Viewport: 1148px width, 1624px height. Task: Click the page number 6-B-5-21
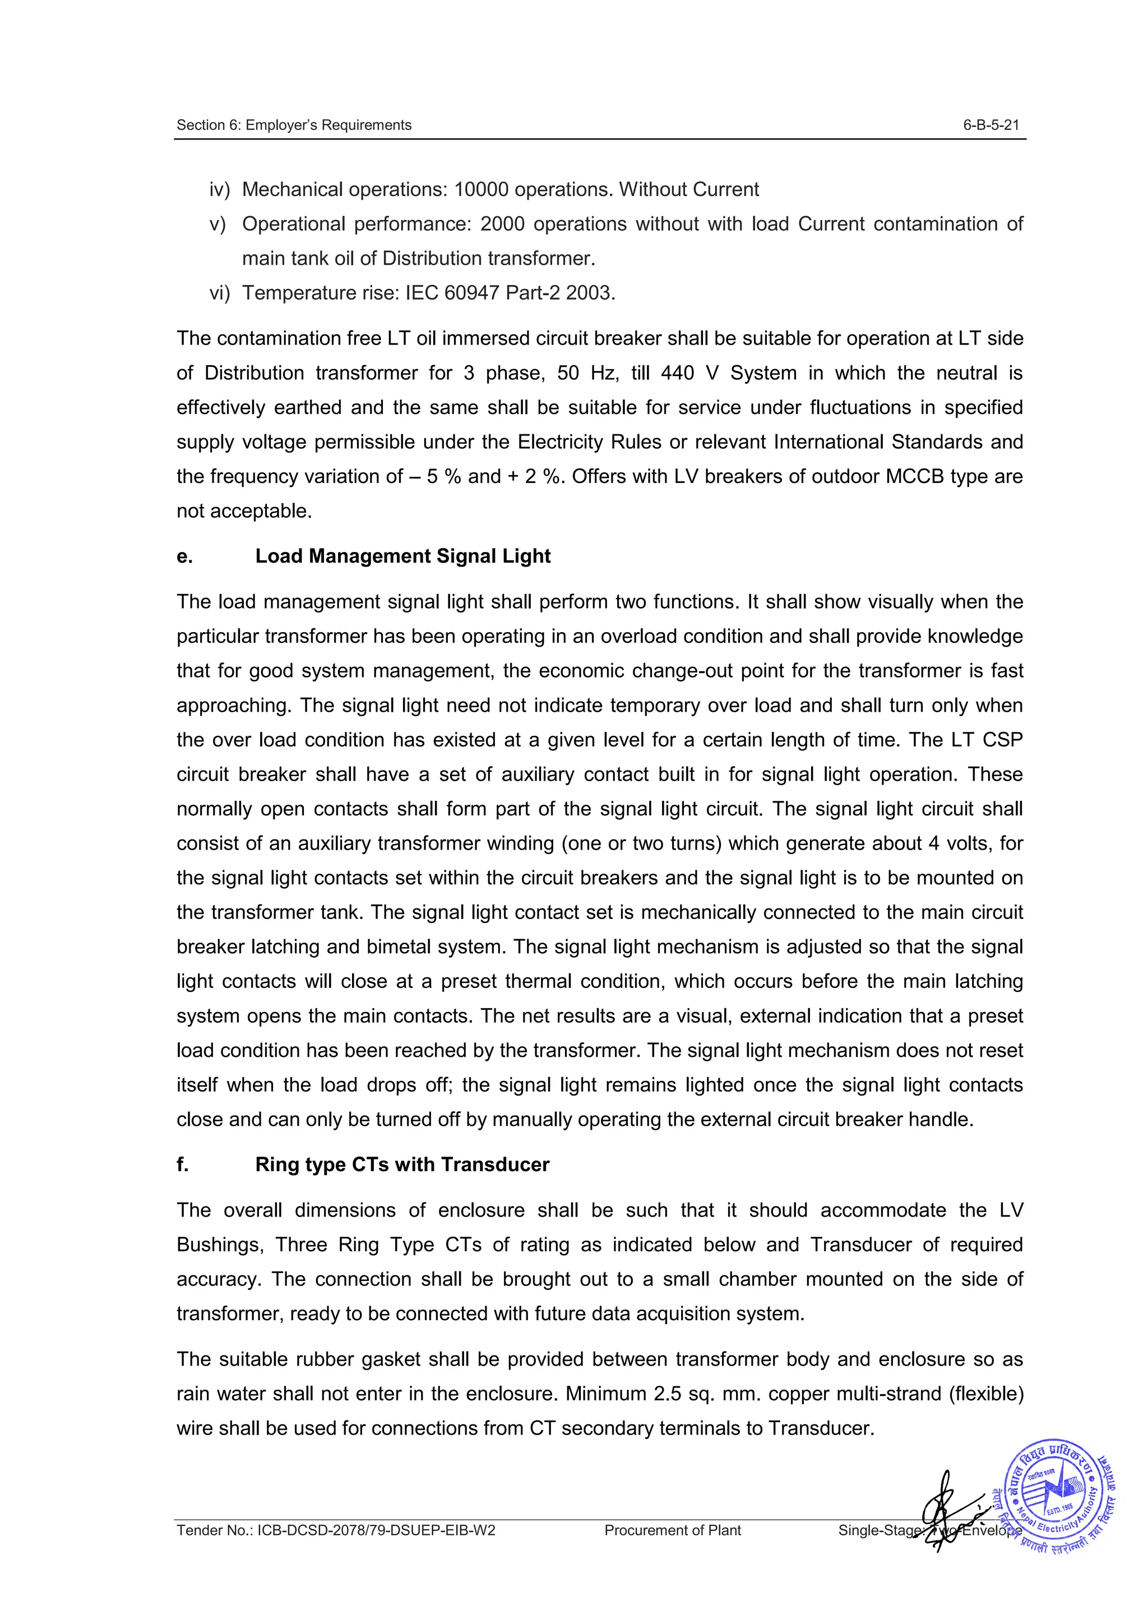990,125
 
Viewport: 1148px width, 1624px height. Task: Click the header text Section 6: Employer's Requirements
294,125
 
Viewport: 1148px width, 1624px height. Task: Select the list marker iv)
219,189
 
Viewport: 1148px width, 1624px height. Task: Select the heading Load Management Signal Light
402,556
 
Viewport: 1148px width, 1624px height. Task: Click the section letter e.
184,556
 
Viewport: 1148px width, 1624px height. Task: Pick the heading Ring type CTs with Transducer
402,1165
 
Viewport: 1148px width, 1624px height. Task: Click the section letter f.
183,1165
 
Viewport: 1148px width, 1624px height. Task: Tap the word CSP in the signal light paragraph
1002,740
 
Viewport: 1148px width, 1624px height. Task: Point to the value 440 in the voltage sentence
678,373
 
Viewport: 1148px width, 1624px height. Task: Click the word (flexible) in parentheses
986,1394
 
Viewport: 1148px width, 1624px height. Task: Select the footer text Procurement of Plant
672,1530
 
